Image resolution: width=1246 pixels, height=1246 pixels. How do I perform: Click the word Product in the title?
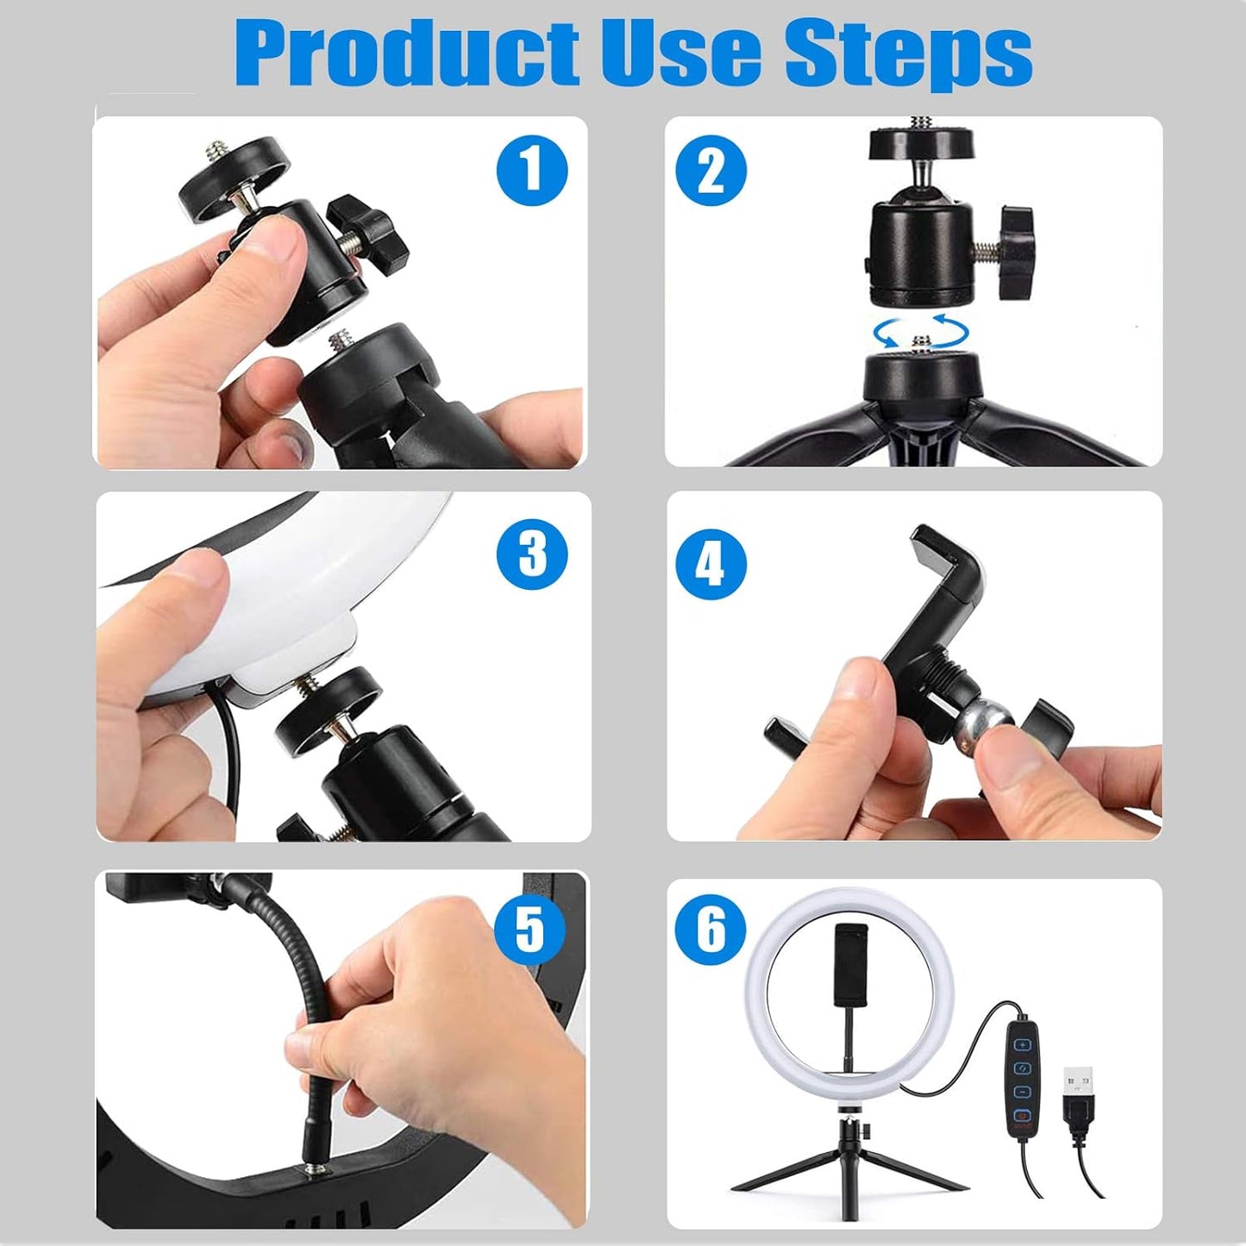point(405,53)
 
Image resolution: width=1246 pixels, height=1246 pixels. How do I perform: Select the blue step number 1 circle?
point(532,169)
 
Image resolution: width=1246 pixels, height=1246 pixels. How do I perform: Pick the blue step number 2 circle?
point(711,171)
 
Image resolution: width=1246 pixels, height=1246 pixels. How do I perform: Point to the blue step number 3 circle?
point(532,554)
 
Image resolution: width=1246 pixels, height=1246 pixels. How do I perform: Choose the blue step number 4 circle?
point(711,565)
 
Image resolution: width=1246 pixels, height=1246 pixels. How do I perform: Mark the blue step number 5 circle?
point(530,929)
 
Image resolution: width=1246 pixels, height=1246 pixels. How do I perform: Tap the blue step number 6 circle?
point(711,930)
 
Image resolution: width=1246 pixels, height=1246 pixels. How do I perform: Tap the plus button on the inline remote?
point(1023,1044)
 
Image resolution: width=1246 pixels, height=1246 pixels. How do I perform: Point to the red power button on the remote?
point(1022,1113)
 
